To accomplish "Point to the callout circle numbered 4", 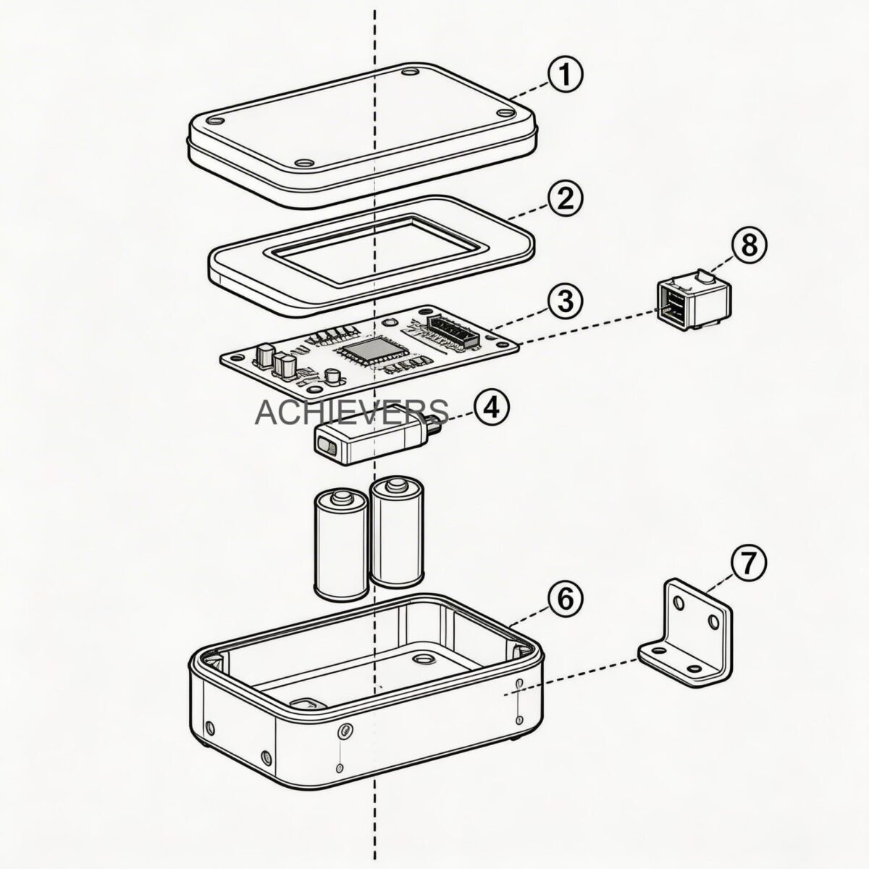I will tap(490, 408).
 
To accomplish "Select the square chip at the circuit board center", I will tap(362, 352).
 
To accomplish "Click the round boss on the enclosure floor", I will tap(421, 659).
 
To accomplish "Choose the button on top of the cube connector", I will tap(702, 277).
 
